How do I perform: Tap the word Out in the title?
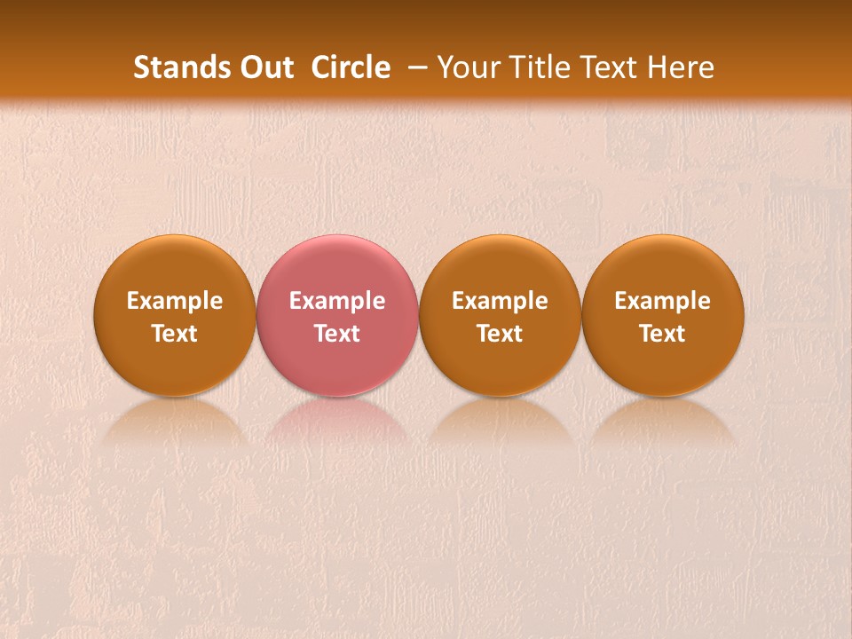click(x=264, y=67)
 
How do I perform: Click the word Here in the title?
click(x=678, y=67)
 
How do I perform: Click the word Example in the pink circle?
click(x=337, y=301)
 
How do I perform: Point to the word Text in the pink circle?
click(x=337, y=334)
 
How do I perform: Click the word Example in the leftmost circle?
click(x=175, y=301)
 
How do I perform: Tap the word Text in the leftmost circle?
click(x=175, y=334)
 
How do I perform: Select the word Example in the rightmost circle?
click(x=663, y=301)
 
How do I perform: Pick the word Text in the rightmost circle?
click(x=663, y=334)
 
